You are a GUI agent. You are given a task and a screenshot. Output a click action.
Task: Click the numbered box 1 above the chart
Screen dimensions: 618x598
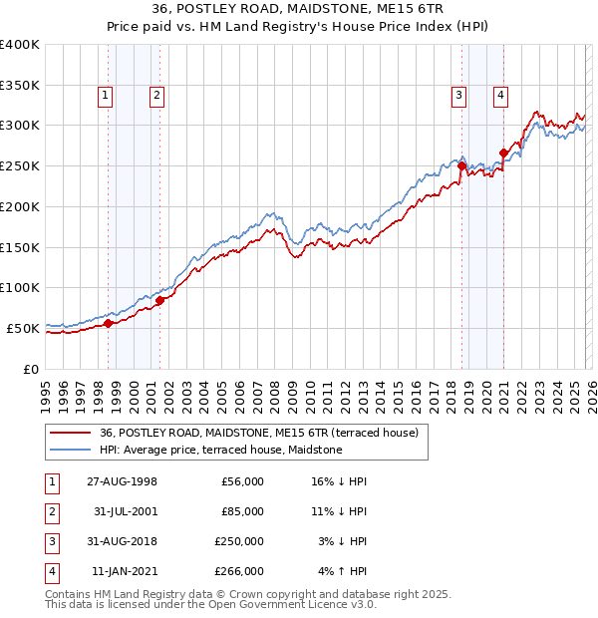pos(106,96)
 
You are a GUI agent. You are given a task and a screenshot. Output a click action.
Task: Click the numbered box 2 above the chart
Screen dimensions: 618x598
pos(157,96)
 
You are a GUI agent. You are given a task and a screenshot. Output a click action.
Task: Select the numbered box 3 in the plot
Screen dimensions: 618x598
pos(458,96)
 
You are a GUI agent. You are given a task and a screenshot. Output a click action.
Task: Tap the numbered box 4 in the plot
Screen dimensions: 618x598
pos(500,96)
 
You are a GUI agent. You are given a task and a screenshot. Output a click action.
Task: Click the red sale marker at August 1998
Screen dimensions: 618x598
pos(108,323)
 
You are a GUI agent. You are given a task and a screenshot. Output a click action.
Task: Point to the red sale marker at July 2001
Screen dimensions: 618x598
pos(159,299)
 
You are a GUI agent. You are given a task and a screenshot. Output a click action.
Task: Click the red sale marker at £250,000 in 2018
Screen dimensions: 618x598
pos(461,166)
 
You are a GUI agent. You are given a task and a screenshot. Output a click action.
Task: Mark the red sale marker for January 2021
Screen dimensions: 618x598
pos(503,153)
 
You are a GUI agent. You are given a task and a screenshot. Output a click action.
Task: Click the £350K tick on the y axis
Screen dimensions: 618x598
pos(20,86)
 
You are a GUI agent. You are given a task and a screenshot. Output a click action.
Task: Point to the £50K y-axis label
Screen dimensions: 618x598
pos(23,328)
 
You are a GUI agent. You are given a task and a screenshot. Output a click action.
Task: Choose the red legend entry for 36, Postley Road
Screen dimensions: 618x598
pos(264,433)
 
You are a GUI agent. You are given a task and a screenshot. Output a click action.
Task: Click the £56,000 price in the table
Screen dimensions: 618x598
pos(242,481)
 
